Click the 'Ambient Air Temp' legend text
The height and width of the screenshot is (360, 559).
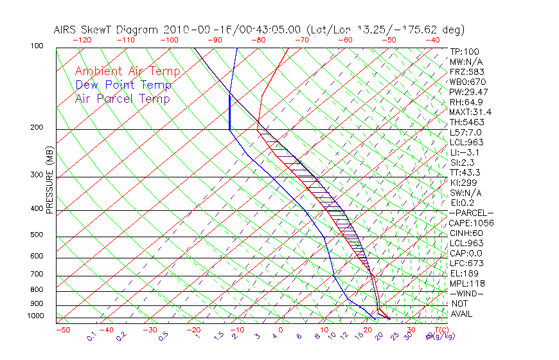pyautogui.click(x=127, y=71)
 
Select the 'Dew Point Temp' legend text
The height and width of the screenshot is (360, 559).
pyautogui.click(x=123, y=85)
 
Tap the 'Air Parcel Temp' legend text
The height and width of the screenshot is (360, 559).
pyautogui.click(x=122, y=98)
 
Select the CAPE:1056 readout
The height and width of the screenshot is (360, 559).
pyautogui.click(x=471, y=223)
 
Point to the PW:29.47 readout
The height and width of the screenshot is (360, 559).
pyautogui.click(x=468, y=92)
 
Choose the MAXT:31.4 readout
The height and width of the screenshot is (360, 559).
pyautogui.click(x=471, y=112)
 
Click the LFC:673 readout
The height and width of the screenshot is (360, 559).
pyautogui.click(x=466, y=263)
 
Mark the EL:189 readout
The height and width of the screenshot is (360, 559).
pyautogui.click(x=465, y=273)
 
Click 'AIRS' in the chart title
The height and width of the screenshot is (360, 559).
pyautogui.click(x=67, y=30)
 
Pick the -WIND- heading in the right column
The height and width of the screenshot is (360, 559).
pyautogui.click(x=466, y=293)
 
